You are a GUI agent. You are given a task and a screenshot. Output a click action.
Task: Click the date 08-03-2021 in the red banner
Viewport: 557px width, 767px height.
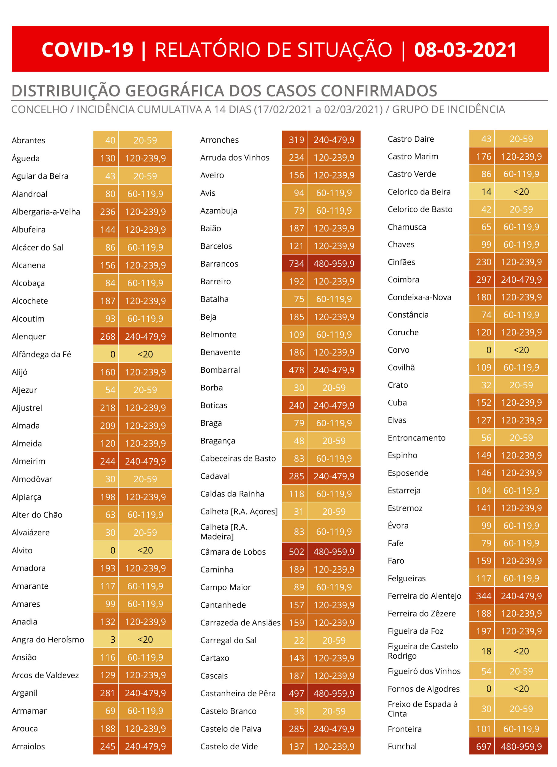[465, 50]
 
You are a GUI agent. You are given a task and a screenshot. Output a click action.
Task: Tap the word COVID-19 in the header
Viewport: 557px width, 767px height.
[87, 50]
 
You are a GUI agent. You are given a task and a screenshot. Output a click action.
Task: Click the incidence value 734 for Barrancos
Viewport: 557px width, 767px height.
[296, 264]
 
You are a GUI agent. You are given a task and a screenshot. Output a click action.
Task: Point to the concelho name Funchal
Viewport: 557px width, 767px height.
[402, 746]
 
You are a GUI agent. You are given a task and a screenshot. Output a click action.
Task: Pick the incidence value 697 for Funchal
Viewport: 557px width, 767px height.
[484, 746]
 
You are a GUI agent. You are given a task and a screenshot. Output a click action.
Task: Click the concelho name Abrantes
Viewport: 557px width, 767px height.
[28, 140]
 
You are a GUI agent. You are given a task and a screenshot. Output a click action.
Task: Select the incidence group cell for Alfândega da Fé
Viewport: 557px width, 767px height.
[145, 354]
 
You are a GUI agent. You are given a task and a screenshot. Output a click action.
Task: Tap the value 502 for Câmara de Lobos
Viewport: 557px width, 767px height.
[296, 552]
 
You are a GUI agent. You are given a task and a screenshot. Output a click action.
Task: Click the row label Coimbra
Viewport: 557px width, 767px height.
[403, 280]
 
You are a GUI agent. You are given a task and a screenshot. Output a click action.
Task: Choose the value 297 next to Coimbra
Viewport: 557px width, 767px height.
[484, 280]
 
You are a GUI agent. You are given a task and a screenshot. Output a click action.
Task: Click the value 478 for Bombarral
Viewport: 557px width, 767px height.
[296, 370]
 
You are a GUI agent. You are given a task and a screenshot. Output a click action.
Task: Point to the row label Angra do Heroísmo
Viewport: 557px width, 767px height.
[48, 639]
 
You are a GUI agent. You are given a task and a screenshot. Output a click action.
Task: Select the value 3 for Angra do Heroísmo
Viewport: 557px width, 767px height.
[113, 639]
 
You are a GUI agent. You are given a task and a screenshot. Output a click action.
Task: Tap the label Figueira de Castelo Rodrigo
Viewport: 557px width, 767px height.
[423, 651]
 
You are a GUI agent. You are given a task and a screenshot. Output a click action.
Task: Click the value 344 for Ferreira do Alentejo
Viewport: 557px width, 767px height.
[484, 596]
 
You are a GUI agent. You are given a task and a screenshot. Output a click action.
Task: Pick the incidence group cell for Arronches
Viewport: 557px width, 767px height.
[334, 140]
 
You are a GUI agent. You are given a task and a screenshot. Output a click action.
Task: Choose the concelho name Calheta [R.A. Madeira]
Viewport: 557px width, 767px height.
[224, 532]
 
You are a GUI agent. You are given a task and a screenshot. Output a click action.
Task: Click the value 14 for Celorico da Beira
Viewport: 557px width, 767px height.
[486, 192]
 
